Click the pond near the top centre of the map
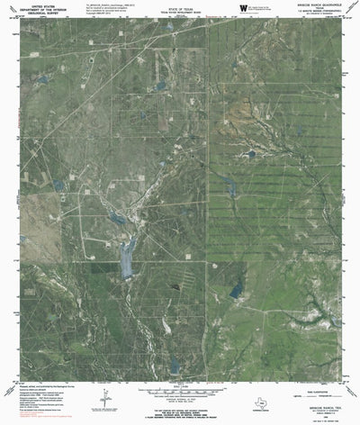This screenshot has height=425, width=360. tap(160, 86)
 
